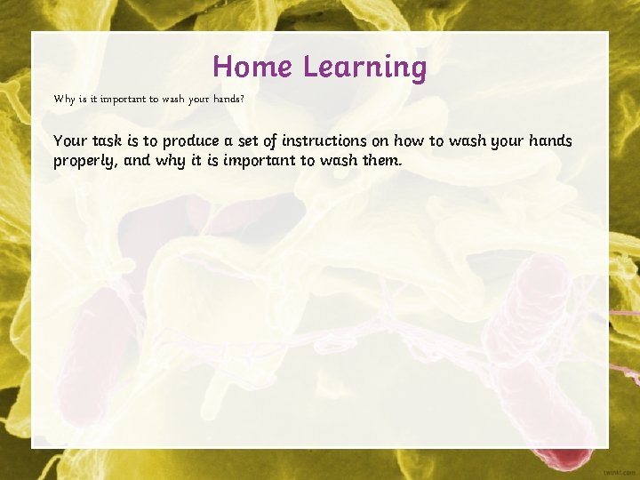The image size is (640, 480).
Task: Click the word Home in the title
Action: [253, 67]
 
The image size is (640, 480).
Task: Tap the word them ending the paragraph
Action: [381, 161]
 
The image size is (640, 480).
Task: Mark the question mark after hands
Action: [243, 99]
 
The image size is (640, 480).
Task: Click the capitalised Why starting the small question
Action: [64, 99]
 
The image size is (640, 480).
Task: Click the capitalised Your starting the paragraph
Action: [70, 141]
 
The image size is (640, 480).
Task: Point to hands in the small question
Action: [225, 99]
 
